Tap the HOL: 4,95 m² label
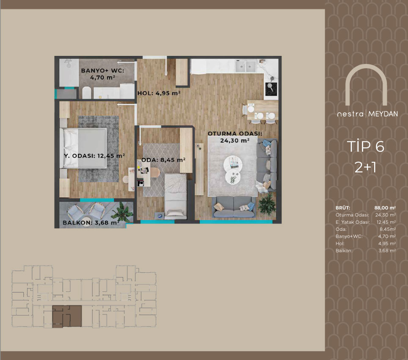point(159,93)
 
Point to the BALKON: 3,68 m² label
point(91,222)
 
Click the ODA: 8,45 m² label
point(163,160)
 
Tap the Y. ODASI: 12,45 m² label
point(94,156)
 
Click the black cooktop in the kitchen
point(271,89)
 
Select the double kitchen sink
point(245,66)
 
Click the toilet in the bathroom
point(87,92)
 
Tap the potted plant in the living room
point(267,204)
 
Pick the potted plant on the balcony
point(121,212)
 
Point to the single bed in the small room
point(176,196)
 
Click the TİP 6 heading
point(365,146)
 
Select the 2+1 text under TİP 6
point(365,167)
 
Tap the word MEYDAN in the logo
point(383,114)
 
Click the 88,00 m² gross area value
point(385,208)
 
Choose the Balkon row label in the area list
point(344,251)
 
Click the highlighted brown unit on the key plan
point(67,316)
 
